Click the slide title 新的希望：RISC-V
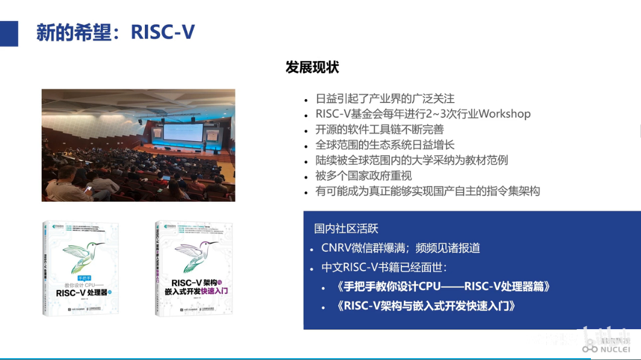[x=115, y=32]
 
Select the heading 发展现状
[x=312, y=68]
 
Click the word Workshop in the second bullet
[x=505, y=114]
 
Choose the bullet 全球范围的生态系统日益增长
[x=385, y=145]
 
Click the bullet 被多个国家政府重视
[x=363, y=176]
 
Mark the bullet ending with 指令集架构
[x=427, y=191]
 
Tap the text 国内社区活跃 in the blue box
[x=346, y=229]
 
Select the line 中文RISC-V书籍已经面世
[x=384, y=268]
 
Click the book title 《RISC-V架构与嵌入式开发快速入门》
[x=426, y=306]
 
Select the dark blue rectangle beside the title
[x=9, y=33]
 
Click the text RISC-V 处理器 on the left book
[x=82, y=293]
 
